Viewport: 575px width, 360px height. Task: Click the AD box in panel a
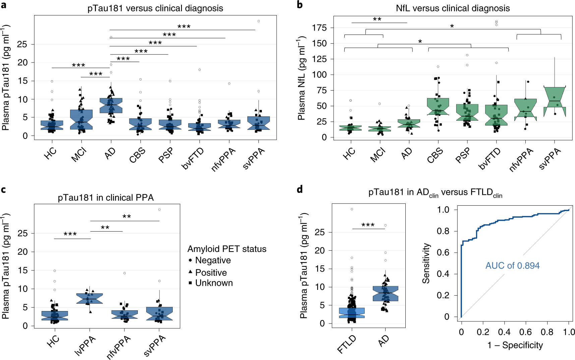(111, 105)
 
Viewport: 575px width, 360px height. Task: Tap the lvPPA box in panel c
(90, 298)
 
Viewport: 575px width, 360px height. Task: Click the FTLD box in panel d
(352, 313)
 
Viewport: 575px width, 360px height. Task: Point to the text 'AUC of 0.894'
(512, 266)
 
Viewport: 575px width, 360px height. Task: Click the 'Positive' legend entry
(211, 272)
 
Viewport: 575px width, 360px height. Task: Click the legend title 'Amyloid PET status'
(227, 249)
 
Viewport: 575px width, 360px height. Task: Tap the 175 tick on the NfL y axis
(319, 28)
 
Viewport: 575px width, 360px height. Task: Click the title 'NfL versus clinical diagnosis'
(453, 8)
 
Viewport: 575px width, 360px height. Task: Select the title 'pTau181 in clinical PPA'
(106, 198)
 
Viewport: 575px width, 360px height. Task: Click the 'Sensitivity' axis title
(426, 263)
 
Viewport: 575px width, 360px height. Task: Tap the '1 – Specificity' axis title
(515, 345)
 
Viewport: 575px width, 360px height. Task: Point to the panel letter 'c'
(3, 190)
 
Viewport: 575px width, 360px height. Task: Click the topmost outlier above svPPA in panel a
(258, 21)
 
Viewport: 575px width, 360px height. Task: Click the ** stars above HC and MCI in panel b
(377, 19)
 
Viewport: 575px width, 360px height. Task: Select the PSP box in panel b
(467, 112)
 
